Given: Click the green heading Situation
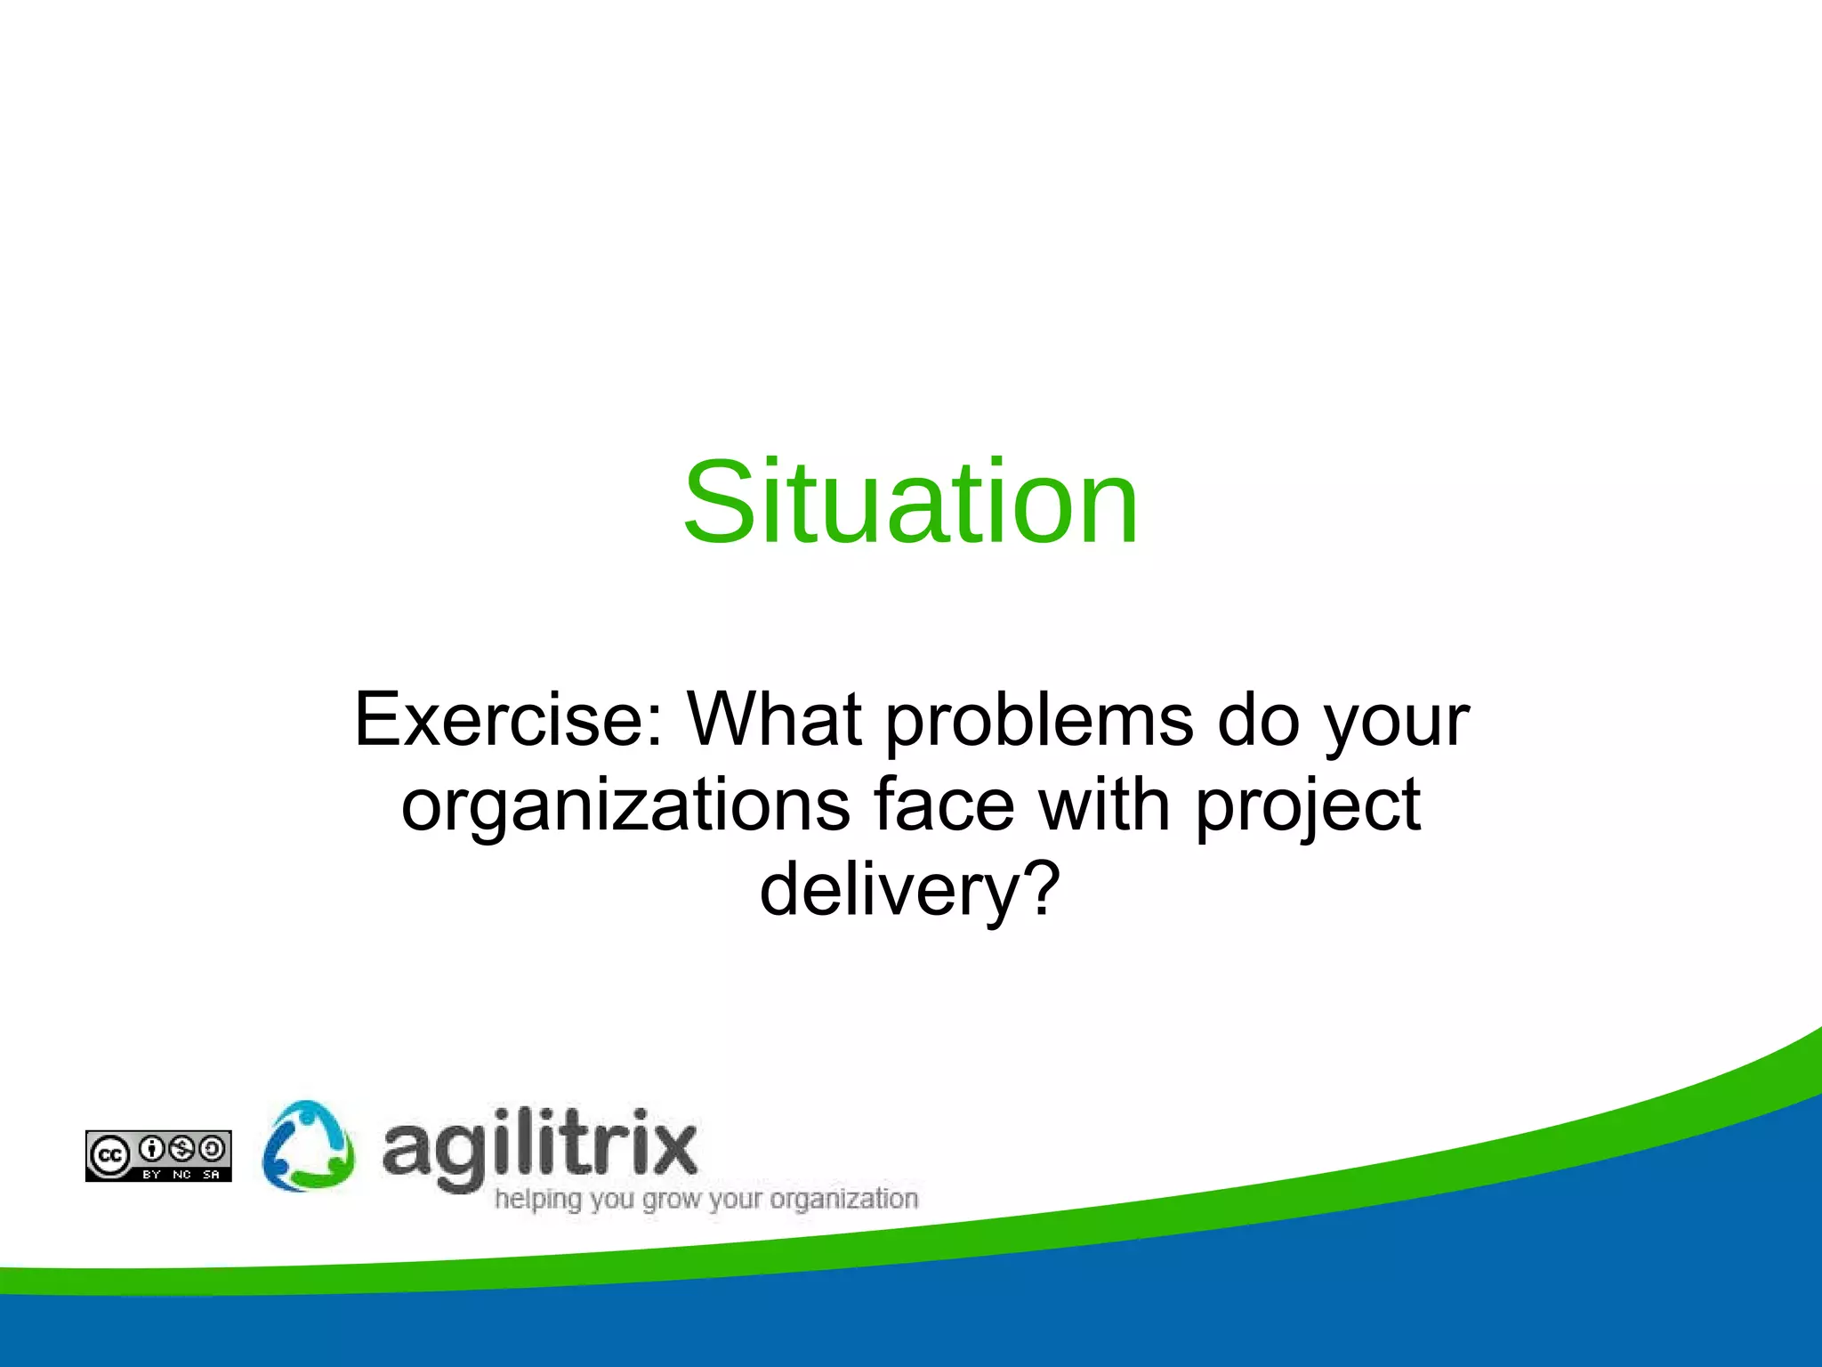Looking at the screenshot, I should tap(911, 503).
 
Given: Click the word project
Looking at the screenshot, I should tap(1307, 805).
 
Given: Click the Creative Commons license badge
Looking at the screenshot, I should tap(158, 1156).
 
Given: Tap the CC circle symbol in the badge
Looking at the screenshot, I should tap(109, 1156).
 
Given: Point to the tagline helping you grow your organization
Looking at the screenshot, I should tap(705, 1200).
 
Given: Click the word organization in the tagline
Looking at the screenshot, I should tap(843, 1200).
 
